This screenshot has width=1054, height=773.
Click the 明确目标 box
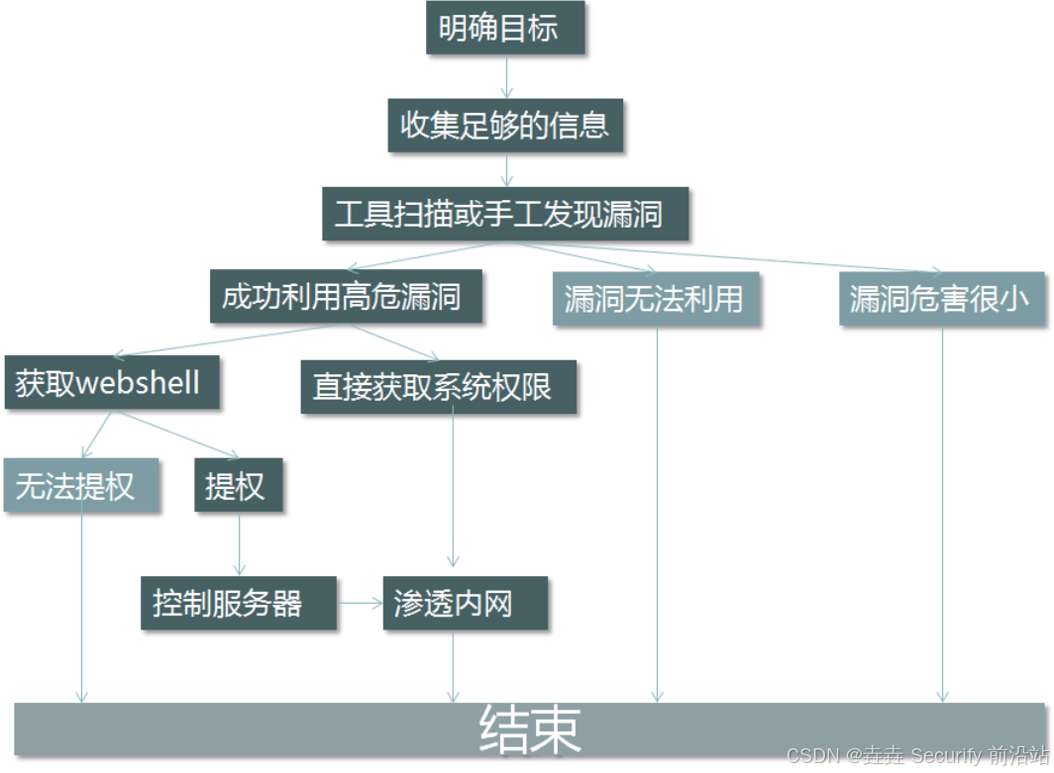tap(505, 28)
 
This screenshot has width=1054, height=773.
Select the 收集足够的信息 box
tap(505, 125)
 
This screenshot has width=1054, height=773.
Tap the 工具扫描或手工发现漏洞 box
tap(505, 213)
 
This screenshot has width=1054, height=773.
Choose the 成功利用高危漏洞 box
tap(346, 296)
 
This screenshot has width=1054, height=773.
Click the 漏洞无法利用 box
tap(656, 299)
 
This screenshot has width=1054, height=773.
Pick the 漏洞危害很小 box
tap(942, 299)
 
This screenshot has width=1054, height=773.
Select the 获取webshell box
tap(111, 383)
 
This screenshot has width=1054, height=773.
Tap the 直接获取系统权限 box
tap(439, 386)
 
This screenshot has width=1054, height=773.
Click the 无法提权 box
tap(81, 485)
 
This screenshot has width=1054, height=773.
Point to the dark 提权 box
tap(238, 485)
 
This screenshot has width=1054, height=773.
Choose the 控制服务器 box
tap(238, 602)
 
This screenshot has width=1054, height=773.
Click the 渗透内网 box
tap(464, 603)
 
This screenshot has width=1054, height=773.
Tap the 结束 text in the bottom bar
tap(530, 730)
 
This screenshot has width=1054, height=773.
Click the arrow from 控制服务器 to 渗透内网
tap(360, 602)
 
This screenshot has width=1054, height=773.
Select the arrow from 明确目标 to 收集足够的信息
tap(506, 77)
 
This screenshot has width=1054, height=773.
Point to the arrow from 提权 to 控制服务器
tap(239, 544)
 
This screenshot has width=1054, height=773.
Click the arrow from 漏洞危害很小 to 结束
tap(942, 515)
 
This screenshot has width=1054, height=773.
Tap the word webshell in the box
tap(139, 383)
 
